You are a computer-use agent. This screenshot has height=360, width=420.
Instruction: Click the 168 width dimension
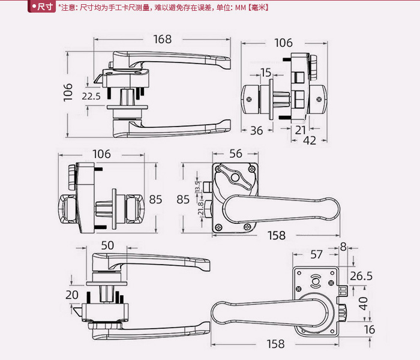point(162,40)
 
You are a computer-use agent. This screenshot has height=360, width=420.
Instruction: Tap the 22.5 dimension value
point(91,96)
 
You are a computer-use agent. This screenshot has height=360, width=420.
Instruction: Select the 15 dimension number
point(266,73)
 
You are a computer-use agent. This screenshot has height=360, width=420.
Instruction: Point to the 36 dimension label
point(257,130)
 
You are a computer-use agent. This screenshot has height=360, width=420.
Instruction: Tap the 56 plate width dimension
point(236,154)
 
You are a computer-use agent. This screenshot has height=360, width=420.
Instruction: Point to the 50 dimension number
point(107,245)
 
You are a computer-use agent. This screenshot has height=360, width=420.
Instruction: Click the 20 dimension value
point(72,295)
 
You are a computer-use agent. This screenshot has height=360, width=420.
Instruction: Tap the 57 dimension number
point(316,254)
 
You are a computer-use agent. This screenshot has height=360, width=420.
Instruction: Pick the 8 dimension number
point(343,246)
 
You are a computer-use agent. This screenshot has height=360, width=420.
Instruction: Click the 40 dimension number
point(362,303)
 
